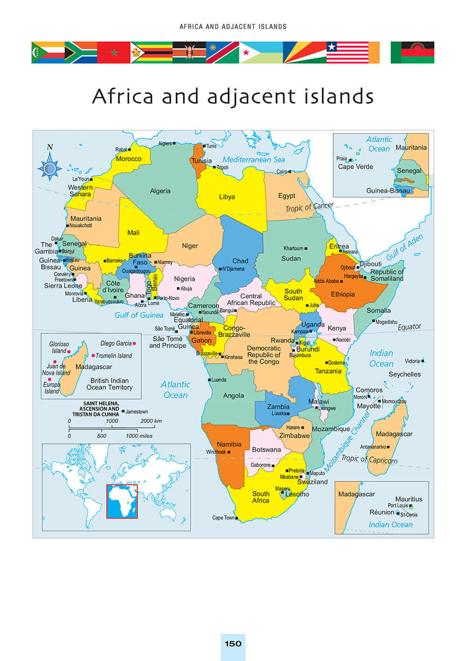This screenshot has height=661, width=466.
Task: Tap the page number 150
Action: point(233,644)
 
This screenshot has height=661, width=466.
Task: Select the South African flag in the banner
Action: point(81,52)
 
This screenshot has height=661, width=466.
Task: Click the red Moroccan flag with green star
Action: point(114,52)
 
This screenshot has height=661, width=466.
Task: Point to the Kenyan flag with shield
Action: point(189,52)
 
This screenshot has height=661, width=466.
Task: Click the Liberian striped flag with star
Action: point(347,52)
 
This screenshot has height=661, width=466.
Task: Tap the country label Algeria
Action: point(160,191)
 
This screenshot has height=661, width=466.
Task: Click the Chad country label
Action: point(240,261)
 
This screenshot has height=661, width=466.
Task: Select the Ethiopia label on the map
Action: point(343,294)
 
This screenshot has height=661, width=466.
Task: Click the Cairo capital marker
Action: point(289,171)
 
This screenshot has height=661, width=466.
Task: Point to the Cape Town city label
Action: point(223,518)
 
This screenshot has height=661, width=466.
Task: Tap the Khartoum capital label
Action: point(293,248)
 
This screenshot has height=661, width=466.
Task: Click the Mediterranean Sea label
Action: point(253,159)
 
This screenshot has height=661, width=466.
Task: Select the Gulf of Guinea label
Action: point(139,315)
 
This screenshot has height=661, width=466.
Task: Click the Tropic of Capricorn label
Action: point(369,459)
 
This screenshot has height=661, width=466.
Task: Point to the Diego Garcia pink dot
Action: point(134,343)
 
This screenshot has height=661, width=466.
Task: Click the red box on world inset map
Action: point(122,501)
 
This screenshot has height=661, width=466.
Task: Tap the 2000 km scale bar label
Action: point(151,421)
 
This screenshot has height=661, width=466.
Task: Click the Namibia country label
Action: point(229,444)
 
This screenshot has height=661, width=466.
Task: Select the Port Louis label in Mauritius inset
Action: point(397,505)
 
